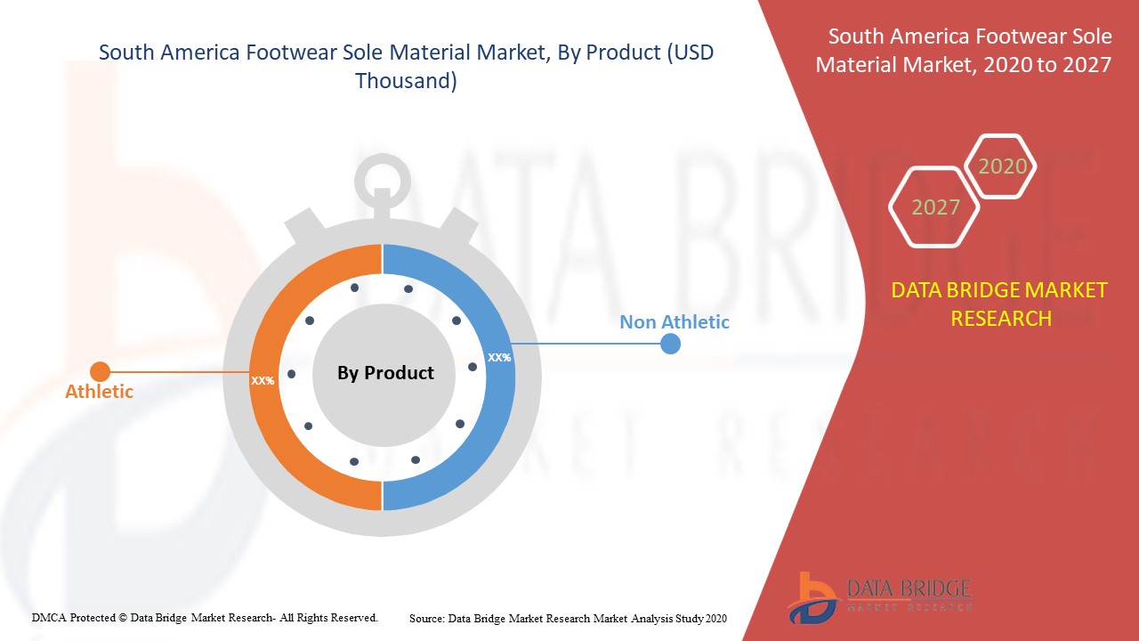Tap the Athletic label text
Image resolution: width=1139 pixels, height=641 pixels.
pyautogui.click(x=99, y=391)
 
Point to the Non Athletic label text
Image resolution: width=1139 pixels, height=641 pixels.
pyautogui.click(x=675, y=322)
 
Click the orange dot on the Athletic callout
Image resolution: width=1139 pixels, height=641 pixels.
pyautogui.click(x=101, y=372)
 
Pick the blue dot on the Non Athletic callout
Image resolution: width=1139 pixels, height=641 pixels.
pyautogui.click(x=670, y=344)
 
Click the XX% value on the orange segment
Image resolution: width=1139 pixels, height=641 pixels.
pyautogui.click(x=263, y=380)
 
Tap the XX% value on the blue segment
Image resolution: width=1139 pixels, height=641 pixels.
pyautogui.click(x=499, y=358)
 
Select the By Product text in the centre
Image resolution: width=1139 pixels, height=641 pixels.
pyautogui.click(x=385, y=373)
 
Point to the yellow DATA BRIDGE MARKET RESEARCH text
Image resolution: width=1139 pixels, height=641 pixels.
pyautogui.click(x=999, y=304)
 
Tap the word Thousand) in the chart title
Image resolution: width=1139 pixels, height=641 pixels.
pyautogui.click(x=406, y=81)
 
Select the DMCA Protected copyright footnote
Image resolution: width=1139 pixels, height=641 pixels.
pyautogui.click(x=205, y=618)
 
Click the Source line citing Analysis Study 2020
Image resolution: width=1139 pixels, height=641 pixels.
pyautogui.click(x=568, y=619)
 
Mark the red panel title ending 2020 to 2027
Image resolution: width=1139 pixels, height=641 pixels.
pyautogui.click(x=964, y=51)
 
